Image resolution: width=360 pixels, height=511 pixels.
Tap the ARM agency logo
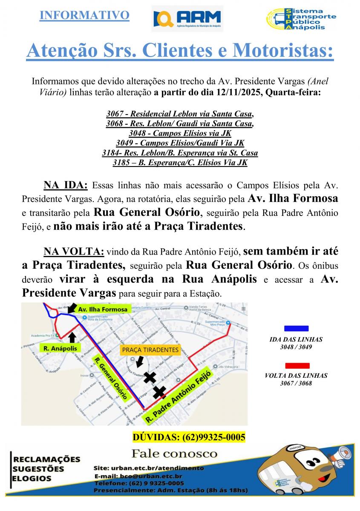point(187,19)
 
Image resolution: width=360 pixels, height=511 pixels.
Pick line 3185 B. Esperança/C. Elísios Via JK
point(180,162)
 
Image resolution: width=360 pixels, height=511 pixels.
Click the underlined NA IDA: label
point(65,186)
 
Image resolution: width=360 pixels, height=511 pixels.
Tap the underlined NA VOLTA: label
point(74,252)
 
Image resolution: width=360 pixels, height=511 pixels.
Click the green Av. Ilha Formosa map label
point(103,309)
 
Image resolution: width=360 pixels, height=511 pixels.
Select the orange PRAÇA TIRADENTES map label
point(150,350)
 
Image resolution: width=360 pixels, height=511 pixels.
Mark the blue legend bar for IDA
point(296,328)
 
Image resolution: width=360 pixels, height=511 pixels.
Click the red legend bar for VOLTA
point(297,365)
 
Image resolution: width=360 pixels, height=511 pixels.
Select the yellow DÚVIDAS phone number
point(189,437)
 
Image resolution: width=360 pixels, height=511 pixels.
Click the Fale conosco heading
point(175,453)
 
